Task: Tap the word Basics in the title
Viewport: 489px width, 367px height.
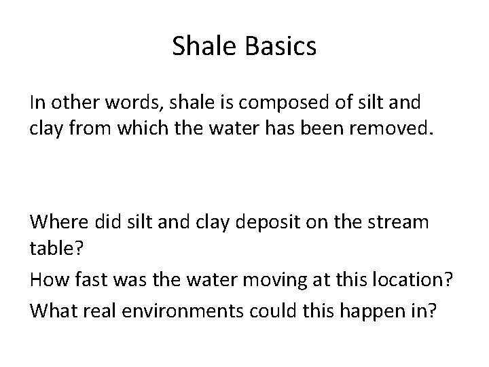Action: click(x=282, y=46)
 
